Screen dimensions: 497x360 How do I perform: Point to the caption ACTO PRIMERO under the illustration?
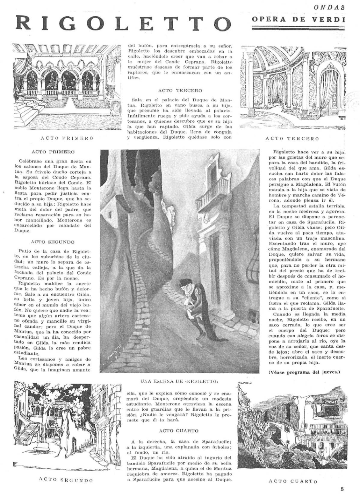click(x=67, y=138)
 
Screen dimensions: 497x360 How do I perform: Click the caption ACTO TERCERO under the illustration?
click(x=292, y=138)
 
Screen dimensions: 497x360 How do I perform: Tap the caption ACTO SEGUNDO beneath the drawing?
click(x=66, y=480)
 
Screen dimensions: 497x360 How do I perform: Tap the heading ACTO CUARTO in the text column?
click(x=179, y=431)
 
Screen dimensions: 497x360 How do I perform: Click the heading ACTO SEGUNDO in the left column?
click(x=52, y=242)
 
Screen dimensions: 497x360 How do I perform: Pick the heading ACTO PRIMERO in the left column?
click(x=53, y=152)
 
